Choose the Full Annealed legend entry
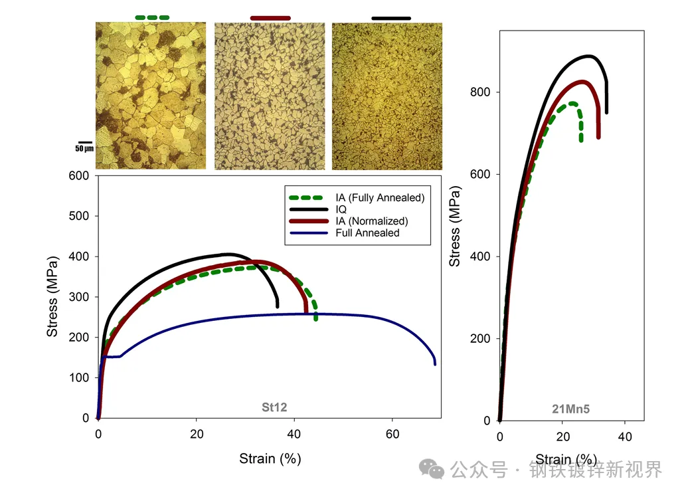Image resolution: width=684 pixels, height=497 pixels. (x=359, y=233)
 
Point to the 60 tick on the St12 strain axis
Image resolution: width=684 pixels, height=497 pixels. (x=392, y=435)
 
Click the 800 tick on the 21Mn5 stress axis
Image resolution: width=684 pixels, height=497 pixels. (x=481, y=92)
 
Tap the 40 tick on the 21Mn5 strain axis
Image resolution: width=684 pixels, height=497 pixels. (x=624, y=437)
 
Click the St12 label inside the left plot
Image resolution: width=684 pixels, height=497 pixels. (x=274, y=407)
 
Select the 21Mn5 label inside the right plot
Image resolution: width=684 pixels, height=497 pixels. (x=570, y=409)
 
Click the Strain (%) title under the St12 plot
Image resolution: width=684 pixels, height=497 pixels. (x=270, y=458)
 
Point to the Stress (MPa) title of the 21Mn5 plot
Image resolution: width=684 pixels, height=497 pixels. (x=455, y=225)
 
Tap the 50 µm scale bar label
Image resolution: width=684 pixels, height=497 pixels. (x=84, y=149)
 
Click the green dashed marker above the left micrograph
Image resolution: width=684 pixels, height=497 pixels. (x=151, y=17)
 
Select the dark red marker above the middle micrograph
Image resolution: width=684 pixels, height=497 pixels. (x=270, y=17)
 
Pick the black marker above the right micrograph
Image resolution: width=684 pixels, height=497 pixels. (x=391, y=18)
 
